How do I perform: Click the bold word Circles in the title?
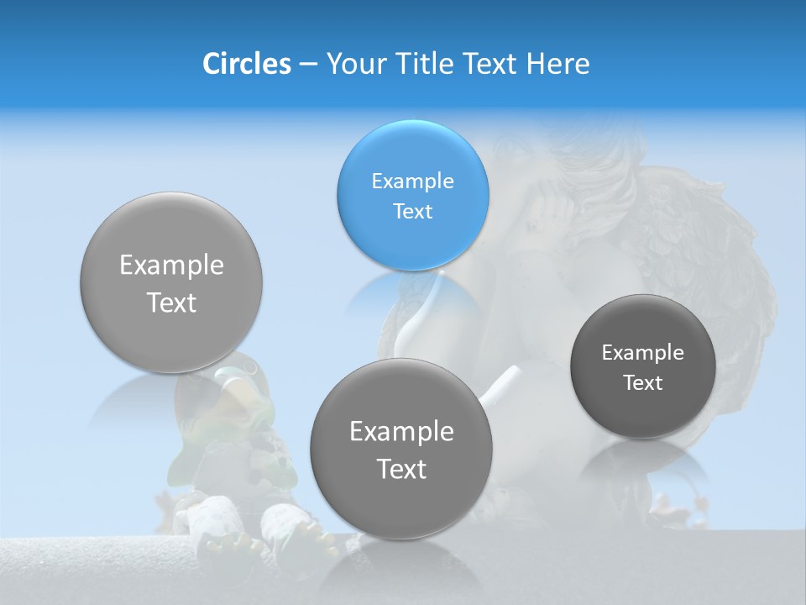[247, 64]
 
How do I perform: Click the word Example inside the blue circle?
[412, 181]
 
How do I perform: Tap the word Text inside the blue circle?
[412, 211]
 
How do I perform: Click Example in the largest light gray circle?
[171, 266]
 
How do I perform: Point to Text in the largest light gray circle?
[171, 302]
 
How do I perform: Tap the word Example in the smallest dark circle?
[643, 352]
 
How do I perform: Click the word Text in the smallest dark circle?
[643, 382]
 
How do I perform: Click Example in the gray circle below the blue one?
[401, 431]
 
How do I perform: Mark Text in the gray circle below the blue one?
[401, 469]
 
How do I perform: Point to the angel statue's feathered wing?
[739, 252]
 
